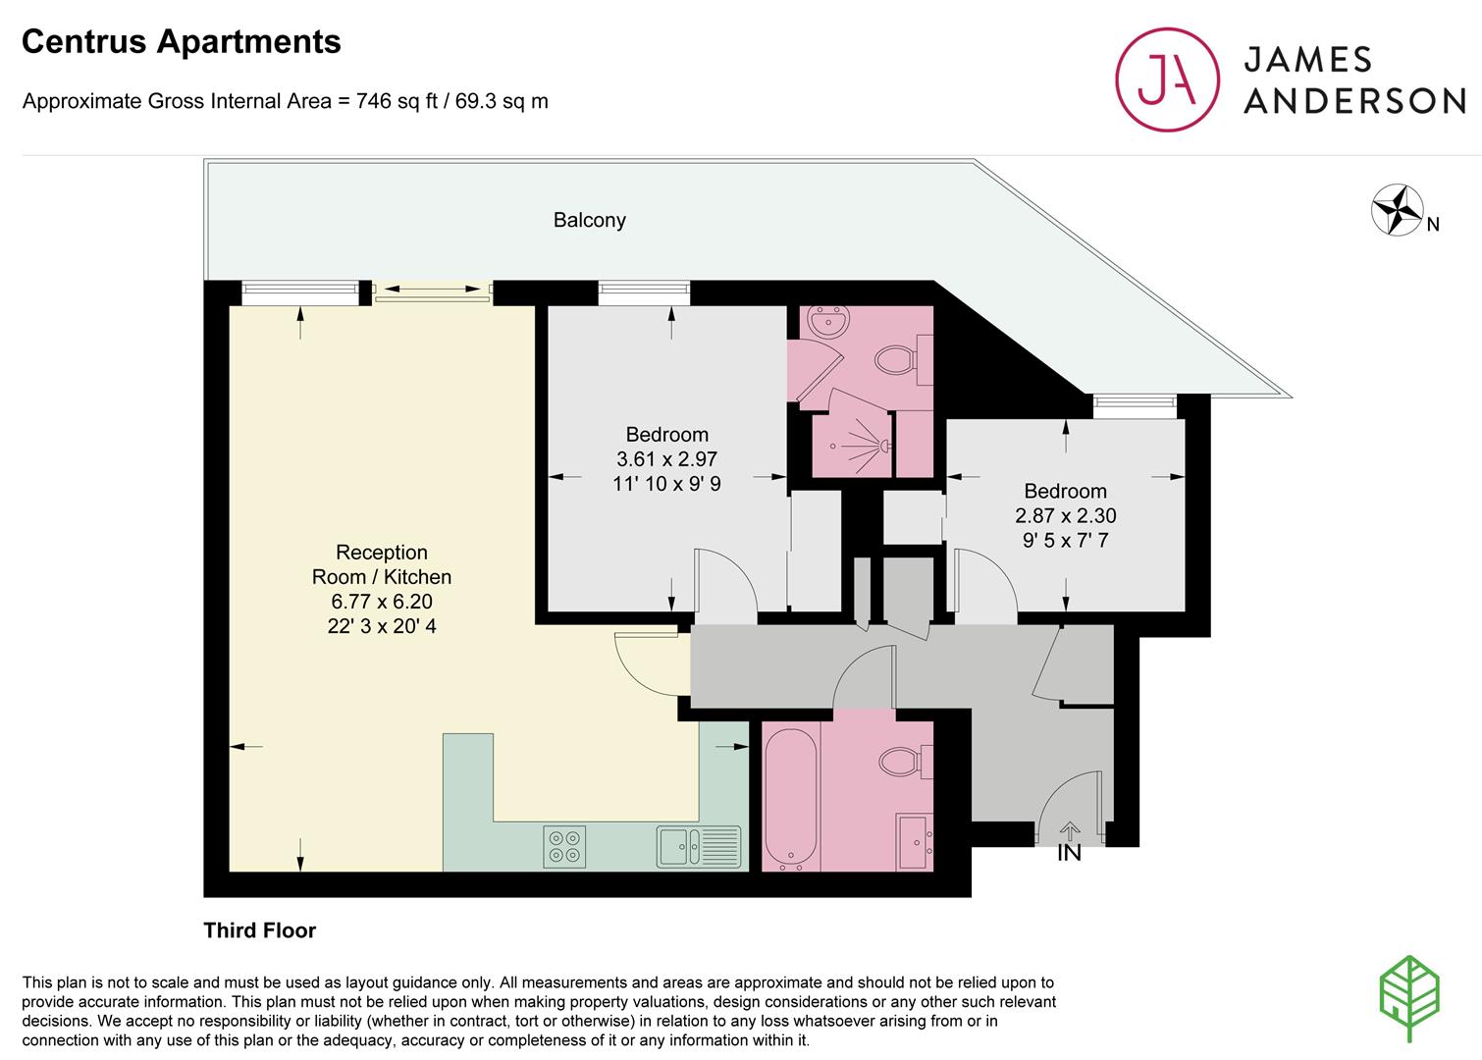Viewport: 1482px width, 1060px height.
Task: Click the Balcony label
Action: tap(590, 220)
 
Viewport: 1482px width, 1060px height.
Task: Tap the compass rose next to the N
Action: tap(1397, 210)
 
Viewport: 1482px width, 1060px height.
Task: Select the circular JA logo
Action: tap(1168, 79)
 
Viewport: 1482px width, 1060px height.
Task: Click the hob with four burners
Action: tap(564, 846)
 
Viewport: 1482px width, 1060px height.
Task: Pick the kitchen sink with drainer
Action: tap(699, 846)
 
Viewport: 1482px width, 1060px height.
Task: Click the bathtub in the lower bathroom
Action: tap(791, 799)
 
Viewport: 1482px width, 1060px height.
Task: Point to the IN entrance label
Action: tap(1069, 853)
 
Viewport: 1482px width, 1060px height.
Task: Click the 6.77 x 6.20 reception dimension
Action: tap(382, 602)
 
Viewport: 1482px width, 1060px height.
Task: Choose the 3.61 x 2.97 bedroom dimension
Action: tap(667, 458)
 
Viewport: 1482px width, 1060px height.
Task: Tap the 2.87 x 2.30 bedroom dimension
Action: tap(1065, 515)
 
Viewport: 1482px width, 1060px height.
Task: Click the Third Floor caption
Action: tap(259, 930)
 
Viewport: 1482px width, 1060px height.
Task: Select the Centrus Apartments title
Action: tap(182, 41)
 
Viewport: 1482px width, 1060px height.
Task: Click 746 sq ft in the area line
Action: tap(397, 101)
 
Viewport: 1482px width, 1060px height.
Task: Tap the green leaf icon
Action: tap(1409, 998)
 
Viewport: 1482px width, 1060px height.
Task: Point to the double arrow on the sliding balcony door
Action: tap(433, 289)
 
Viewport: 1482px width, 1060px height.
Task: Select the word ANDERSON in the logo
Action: tap(1354, 101)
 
